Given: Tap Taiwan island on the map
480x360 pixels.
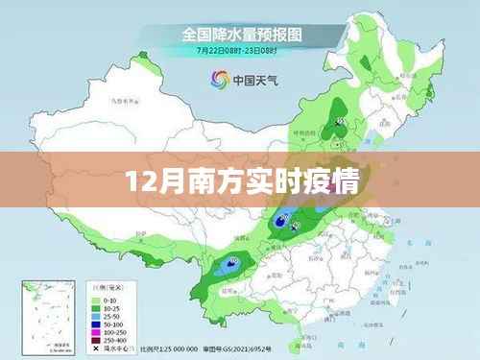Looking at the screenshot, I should click(x=383, y=288).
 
